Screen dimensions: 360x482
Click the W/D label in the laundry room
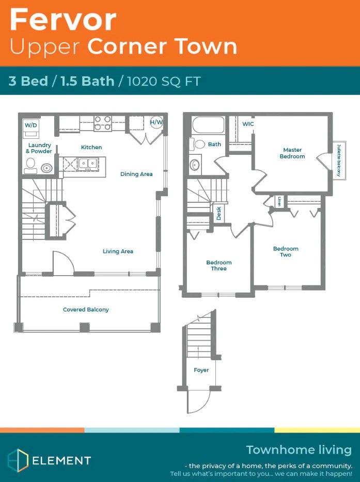tap(31, 125)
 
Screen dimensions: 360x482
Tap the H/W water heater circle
tap(156, 122)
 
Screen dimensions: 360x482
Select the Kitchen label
tap(91, 147)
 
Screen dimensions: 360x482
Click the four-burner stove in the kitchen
tap(103, 123)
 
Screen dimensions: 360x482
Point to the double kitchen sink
tap(88, 163)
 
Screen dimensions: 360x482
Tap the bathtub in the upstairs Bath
tap(208, 125)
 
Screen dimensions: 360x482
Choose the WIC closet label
tap(248, 124)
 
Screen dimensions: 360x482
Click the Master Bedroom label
tap(292, 153)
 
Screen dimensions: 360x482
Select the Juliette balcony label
tap(339, 160)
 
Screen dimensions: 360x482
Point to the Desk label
tap(219, 213)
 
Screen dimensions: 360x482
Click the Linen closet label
tap(279, 201)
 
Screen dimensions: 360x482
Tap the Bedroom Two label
tap(286, 251)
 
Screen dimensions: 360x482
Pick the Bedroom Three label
tap(219, 265)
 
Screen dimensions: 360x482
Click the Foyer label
tap(201, 370)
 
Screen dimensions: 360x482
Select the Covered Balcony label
tap(86, 310)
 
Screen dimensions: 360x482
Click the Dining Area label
tap(136, 174)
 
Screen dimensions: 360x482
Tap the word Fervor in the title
tap(63, 20)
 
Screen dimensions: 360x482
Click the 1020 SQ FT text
tap(164, 81)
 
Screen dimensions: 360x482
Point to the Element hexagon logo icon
tap(18, 460)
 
